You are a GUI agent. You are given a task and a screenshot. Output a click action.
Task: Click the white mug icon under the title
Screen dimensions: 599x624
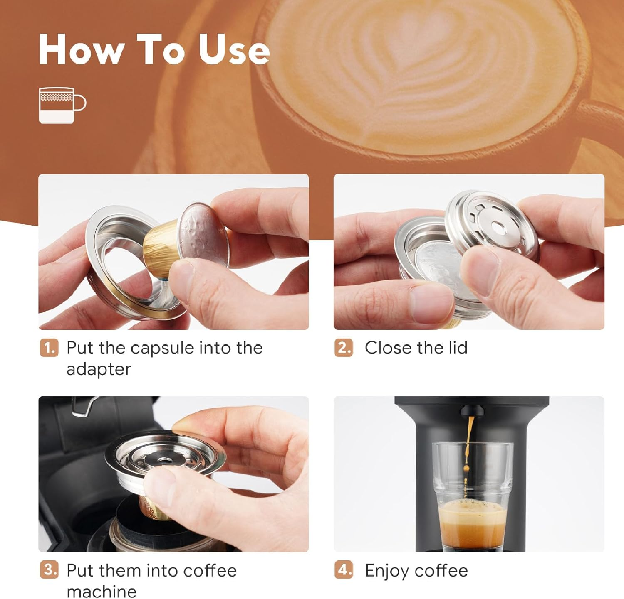[62, 105]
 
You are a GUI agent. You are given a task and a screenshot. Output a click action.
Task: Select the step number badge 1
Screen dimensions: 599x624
[50, 348]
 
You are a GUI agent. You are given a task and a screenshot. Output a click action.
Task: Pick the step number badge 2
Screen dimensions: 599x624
[344, 348]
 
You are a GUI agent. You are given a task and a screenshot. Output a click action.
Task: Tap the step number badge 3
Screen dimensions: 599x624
[50, 570]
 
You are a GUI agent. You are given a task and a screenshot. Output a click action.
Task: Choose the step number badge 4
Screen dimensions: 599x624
[344, 570]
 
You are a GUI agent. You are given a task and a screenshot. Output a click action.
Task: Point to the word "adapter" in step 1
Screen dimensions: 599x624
[99, 369]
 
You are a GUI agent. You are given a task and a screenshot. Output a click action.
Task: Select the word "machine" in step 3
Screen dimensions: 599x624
[102, 591]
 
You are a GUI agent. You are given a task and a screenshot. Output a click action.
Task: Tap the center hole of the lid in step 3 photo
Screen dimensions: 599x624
[164, 460]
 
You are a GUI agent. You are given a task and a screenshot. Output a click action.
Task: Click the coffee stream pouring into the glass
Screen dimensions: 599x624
[470, 440]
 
